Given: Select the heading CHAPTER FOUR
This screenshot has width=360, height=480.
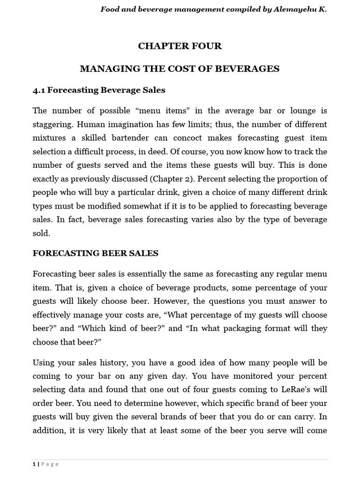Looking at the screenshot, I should (x=180, y=46).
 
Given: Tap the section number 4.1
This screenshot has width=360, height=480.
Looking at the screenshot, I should (x=39, y=90).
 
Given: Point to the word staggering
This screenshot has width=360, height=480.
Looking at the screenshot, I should (x=52, y=125).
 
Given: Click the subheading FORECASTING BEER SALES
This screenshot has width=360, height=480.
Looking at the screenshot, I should (x=95, y=254).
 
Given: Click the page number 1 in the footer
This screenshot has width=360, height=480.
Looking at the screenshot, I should (x=34, y=464).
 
